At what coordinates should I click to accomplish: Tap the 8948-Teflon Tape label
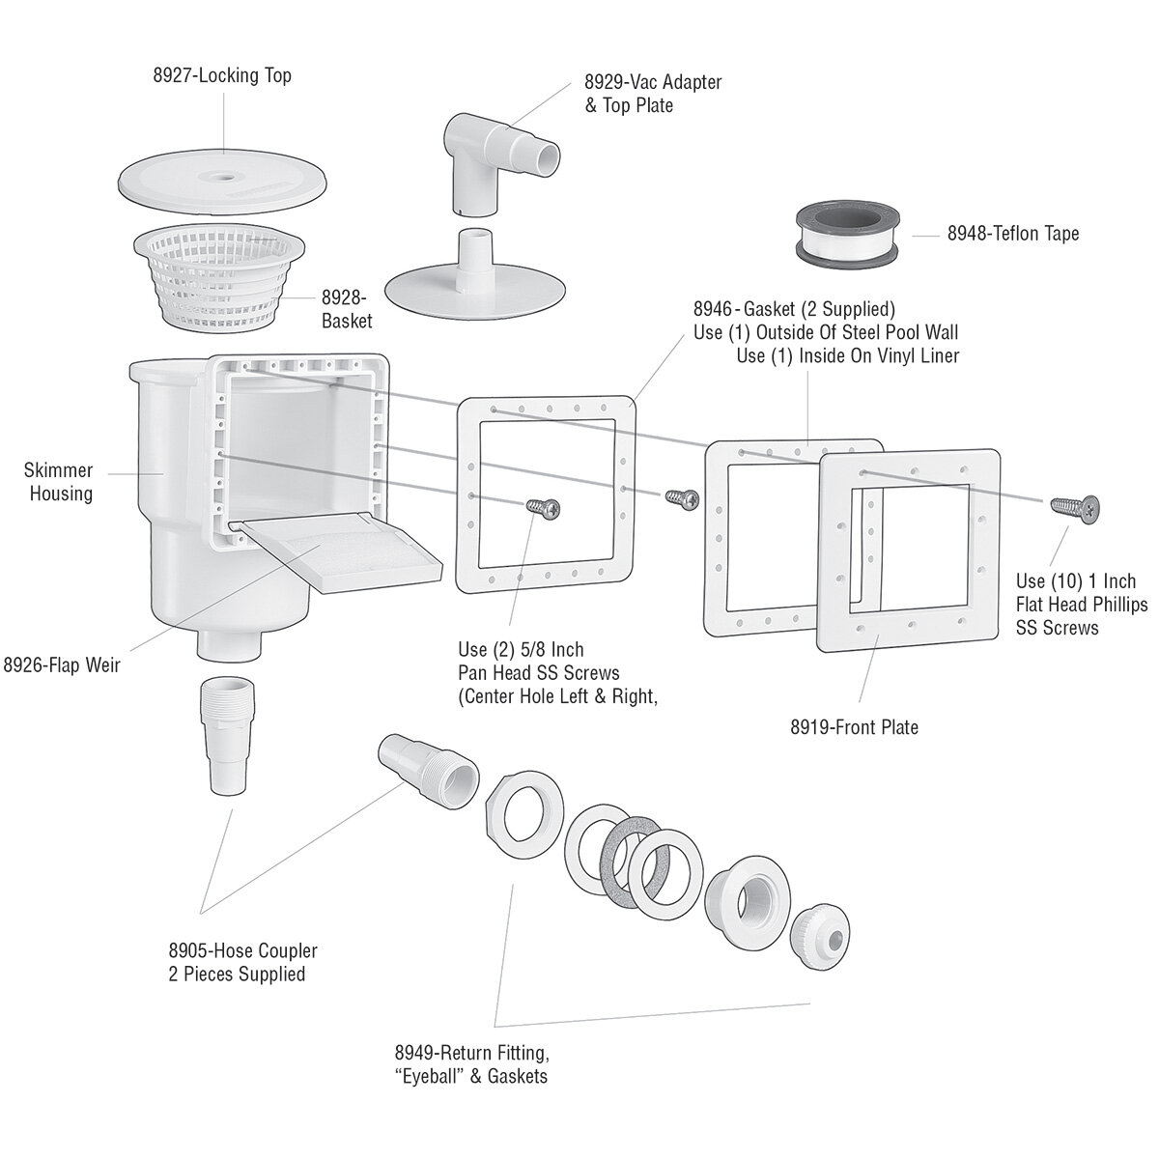[1012, 234]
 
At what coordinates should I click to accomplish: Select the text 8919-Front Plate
[854, 726]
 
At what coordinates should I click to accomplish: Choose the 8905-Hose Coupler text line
[242, 951]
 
